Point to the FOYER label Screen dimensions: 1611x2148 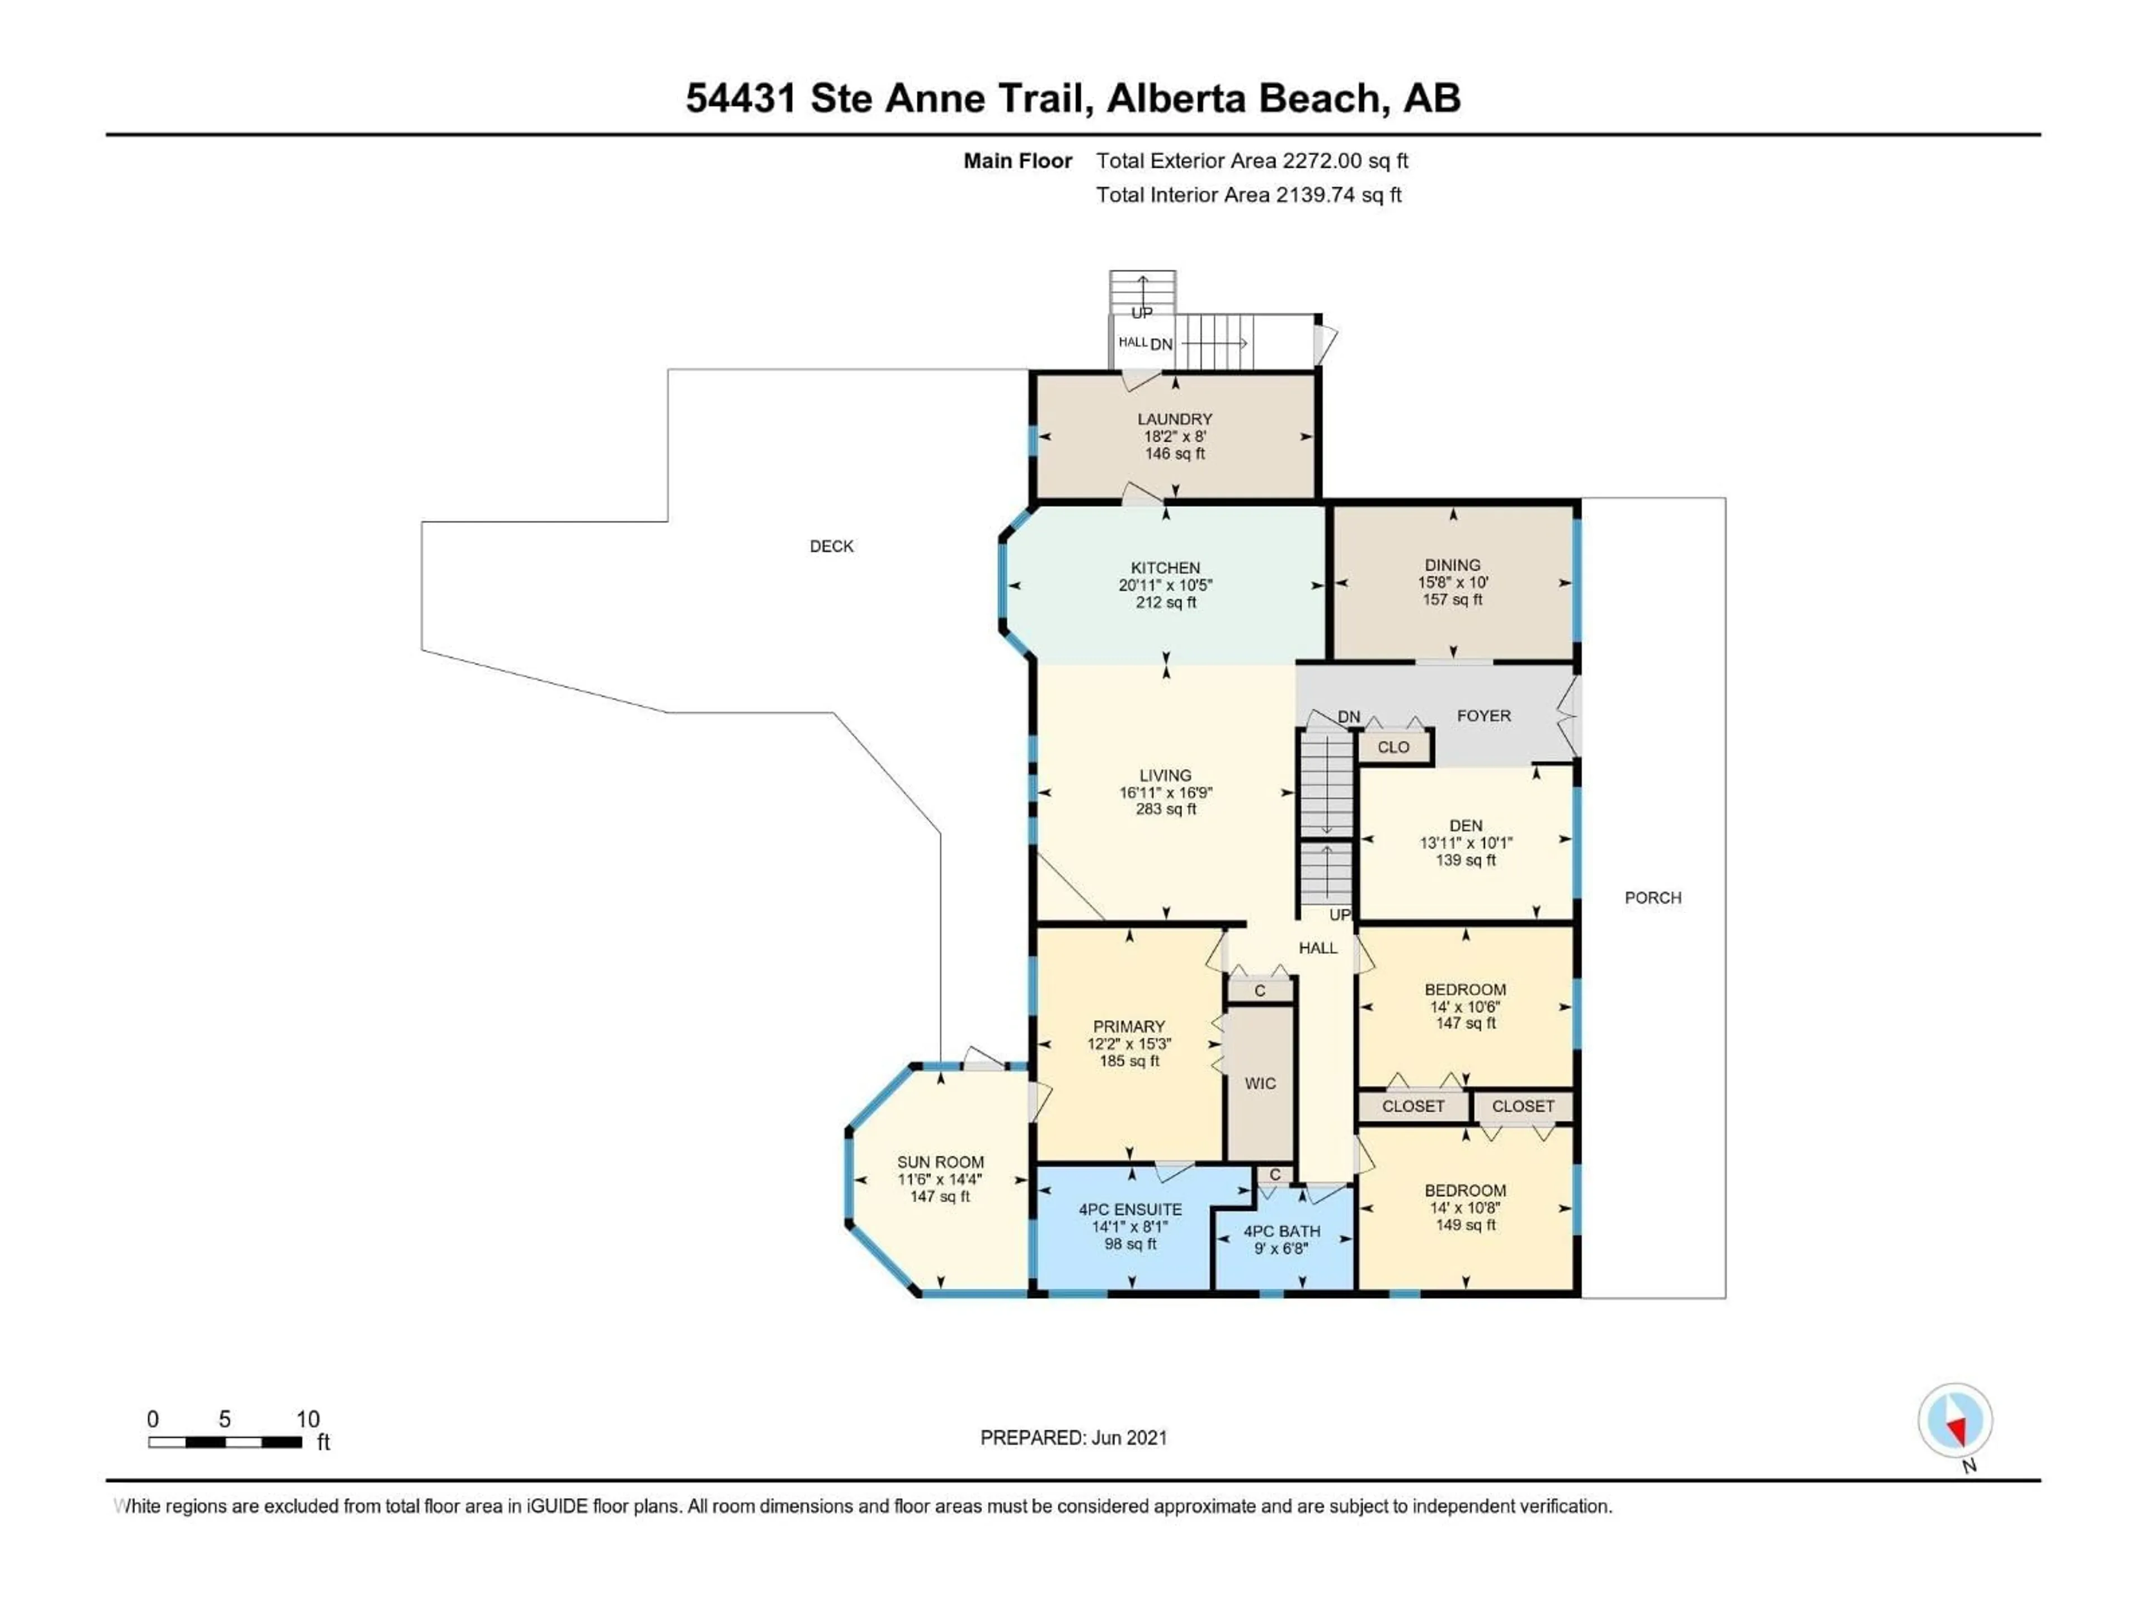pos(1483,715)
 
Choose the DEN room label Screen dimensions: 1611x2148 pos(1466,826)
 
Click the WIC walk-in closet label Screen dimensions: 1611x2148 pos(1260,1084)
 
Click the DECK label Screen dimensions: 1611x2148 pos(831,547)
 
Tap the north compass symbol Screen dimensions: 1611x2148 pos(1955,1421)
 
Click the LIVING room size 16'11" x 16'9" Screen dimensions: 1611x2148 pos(1165,793)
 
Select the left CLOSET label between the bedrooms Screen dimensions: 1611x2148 pos(1413,1106)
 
